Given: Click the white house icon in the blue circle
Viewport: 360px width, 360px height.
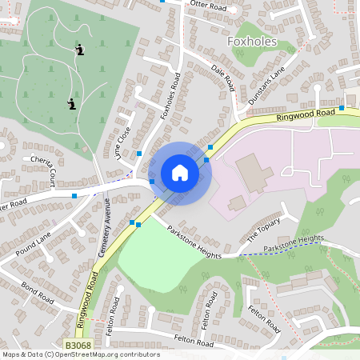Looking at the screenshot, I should [x=180, y=173].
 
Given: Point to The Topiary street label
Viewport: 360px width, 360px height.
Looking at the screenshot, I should [x=264, y=230].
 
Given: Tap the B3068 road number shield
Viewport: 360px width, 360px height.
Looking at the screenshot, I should [x=78, y=345].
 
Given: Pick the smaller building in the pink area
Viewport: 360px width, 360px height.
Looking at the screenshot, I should [x=237, y=203].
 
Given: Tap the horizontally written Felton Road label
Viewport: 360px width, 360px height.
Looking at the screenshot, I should [x=194, y=342].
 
